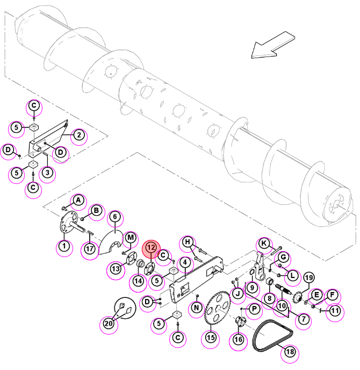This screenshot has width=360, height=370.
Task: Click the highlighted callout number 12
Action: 151,247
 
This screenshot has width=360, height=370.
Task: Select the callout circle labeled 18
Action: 290,352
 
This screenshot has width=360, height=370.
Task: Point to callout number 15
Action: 211,337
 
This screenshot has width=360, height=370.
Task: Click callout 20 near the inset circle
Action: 109,323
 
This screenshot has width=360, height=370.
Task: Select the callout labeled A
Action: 78,201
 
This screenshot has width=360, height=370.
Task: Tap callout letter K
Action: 264,243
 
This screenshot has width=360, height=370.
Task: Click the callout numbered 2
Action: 79,135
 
